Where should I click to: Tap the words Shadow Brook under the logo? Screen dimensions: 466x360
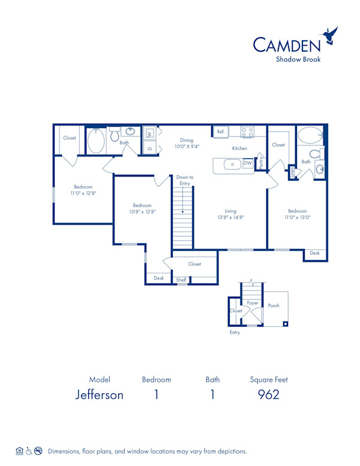tap(298, 59)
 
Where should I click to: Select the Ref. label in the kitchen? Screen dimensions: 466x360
tap(221, 132)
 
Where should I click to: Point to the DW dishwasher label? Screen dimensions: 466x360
tap(247, 163)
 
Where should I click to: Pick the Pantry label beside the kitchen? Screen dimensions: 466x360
tap(260, 162)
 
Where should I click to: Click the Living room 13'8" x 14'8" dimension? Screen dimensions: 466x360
tap(230, 215)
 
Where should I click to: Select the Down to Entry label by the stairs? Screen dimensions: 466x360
tap(185, 180)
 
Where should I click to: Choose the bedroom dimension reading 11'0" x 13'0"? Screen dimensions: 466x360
tap(297, 214)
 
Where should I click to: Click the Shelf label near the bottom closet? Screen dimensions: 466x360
tap(181, 280)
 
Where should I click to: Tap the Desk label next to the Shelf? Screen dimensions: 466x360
tap(158, 278)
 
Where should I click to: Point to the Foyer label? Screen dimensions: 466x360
tap(253, 303)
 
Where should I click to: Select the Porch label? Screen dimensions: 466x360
tap(274, 306)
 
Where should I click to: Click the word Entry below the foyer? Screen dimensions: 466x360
tap(235, 333)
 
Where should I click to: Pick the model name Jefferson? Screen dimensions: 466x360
tap(100, 395)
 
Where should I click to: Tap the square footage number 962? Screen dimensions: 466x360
tap(268, 395)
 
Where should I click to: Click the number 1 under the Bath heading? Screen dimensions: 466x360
tap(212, 395)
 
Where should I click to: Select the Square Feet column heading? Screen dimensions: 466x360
tap(268, 380)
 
